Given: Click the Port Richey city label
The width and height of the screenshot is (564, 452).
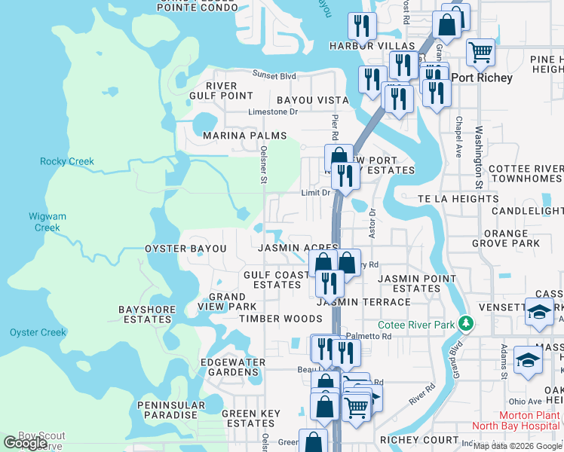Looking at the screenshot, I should pos(482,78).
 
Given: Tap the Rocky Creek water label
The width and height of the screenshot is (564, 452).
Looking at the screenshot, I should pos(66,162).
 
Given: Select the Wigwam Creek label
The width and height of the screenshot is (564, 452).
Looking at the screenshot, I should pos(48,222).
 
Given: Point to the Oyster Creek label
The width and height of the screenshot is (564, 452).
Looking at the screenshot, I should pos(38,332).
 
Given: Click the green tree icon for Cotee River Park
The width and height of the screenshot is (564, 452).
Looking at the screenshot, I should pos(467,324).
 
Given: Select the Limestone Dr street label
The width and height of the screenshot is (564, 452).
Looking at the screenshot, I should pos(273,112).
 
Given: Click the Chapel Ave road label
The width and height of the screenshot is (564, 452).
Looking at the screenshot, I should pos(458,136).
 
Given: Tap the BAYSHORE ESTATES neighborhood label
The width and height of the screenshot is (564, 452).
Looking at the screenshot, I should pos(147,314).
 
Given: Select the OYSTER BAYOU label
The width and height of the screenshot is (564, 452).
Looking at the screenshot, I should pos(185,249).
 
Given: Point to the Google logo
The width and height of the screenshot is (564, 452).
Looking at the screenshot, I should pos(25,443).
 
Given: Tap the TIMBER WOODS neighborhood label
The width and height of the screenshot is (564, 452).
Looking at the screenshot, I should pos(280,319).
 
